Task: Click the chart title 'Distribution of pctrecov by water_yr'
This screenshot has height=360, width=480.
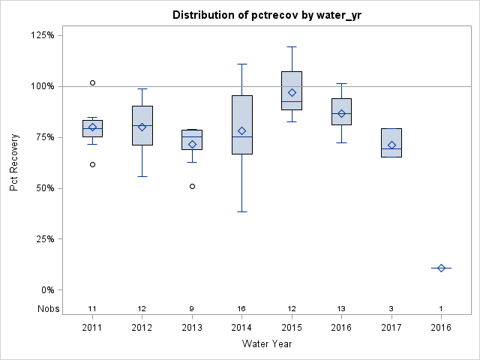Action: (267, 15)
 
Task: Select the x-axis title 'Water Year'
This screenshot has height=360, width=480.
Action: (267, 344)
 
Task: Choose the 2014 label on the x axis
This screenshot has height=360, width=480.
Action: (241, 328)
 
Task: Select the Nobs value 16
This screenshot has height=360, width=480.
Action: (241, 308)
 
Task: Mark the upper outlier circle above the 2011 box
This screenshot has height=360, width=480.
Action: (92, 82)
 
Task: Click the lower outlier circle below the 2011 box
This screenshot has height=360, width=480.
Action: (92, 164)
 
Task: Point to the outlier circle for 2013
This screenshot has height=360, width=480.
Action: (192, 186)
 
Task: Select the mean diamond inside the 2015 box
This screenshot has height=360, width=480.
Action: (292, 93)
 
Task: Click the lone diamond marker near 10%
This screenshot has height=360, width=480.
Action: (441, 268)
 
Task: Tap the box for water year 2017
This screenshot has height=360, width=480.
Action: (391, 142)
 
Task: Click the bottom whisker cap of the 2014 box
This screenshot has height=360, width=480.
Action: (241, 211)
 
